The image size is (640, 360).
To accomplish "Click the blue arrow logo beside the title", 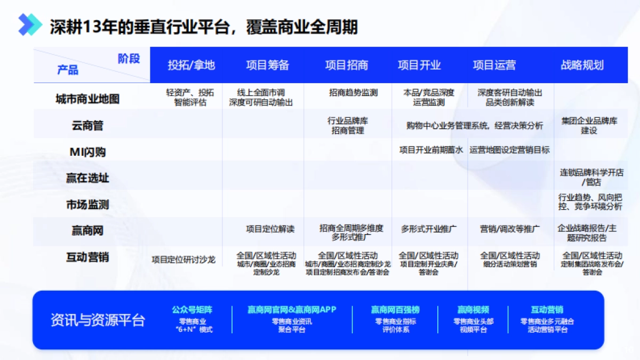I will tap(30, 25).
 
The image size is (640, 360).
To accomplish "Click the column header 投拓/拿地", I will tap(191, 65).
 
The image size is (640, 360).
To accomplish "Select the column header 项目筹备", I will tap(268, 65).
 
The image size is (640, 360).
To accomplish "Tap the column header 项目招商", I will tap(347, 65).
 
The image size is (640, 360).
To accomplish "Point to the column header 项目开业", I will tap(419, 65).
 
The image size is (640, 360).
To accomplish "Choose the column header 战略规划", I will tap(582, 65).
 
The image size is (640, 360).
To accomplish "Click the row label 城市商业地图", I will tap(87, 99).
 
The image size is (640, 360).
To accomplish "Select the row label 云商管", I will tap(87, 126).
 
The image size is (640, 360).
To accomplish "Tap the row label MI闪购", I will tap(87, 152).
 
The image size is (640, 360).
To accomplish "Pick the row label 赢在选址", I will tap(87, 178).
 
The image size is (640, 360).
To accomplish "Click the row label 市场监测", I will tap(87, 204).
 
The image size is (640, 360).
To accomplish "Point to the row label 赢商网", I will tap(87, 231).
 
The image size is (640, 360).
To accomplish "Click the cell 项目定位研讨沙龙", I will tap(183, 260).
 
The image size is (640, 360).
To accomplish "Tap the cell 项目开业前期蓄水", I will tap(431, 150).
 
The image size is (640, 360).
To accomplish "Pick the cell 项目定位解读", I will tap(270, 229).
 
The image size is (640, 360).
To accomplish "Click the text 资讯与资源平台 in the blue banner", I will tap(98, 320).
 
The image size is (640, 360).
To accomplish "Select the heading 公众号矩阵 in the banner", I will tap(192, 309).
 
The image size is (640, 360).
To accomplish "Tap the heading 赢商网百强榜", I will tap(395, 309).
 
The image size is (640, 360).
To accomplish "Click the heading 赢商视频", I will tap(473, 309).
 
